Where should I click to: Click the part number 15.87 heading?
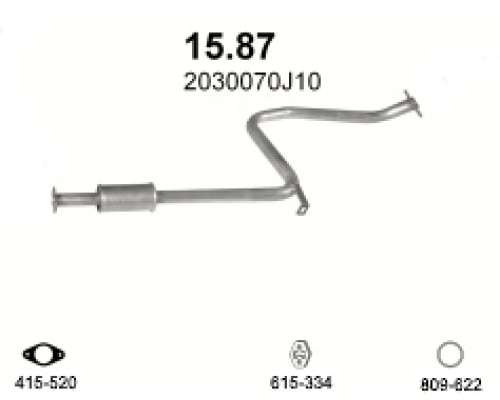point(229,46)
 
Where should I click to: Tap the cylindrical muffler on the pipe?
point(127,196)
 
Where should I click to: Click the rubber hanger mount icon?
point(298,353)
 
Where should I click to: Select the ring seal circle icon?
point(449,354)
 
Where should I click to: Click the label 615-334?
point(297,382)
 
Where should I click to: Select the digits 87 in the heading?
point(252,46)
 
